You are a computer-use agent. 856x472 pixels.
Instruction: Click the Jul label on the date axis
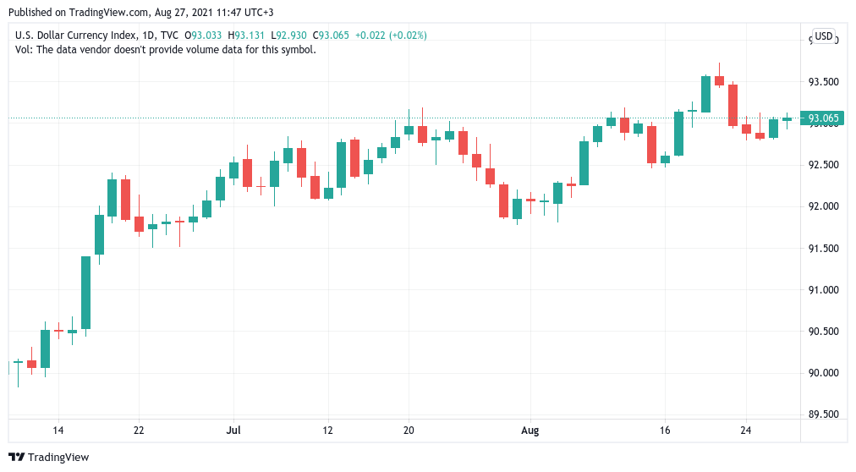233,431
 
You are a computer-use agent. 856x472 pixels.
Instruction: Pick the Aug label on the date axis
530,431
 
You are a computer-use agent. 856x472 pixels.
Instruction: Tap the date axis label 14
58,431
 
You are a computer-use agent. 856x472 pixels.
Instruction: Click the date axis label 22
139,431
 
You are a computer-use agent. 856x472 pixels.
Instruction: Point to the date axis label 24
746,431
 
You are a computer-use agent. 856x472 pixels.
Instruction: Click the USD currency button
823,36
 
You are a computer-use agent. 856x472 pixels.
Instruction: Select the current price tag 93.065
823,118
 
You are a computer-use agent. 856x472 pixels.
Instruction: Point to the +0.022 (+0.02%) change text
391,36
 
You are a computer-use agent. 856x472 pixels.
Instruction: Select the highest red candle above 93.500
719,80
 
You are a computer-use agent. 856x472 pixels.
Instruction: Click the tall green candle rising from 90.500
85,292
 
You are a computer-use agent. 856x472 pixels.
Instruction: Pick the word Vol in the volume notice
23,49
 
